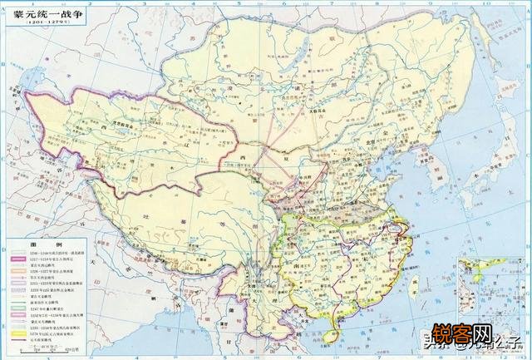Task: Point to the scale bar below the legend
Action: click(x=42, y=352)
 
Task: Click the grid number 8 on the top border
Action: click(x=408, y=3)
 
